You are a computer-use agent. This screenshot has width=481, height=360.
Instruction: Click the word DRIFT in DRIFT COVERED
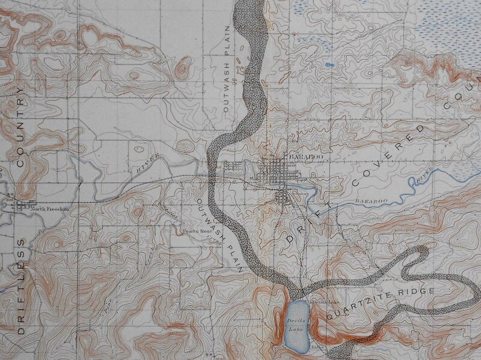307,219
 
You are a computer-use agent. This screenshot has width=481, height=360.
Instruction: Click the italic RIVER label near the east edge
421,177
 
